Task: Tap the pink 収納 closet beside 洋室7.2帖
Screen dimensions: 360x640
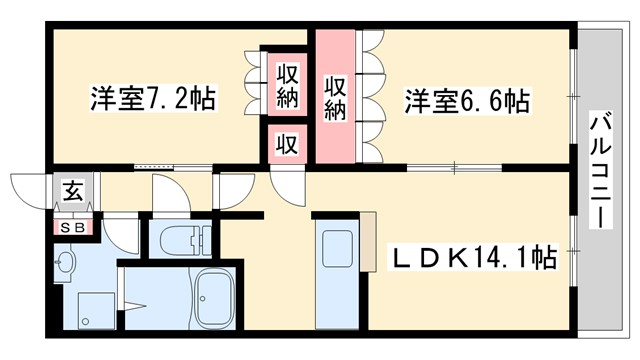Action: pos(286,86)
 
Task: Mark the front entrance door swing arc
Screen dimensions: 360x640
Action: pos(27,189)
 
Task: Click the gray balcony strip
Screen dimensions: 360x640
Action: pos(600,260)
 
